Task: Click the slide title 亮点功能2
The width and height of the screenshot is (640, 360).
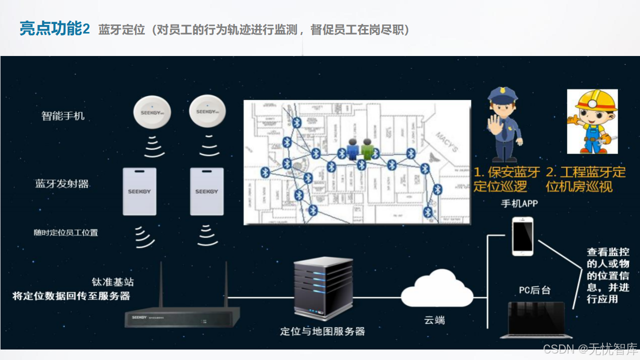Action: pyautogui.click(x=54, y=29)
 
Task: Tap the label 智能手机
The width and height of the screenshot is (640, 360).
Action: pyautogui.click(x=63, y=116)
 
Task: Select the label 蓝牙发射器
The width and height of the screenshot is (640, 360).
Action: pyautogui.click(x=62, y=183)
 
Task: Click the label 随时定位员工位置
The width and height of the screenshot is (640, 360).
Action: pyautogui.click(x=65, y=232)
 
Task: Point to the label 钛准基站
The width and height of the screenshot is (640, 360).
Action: pyautogui.click(x=112, y=282)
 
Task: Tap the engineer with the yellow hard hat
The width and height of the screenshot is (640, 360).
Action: pyautogui.click(x=592, y=121)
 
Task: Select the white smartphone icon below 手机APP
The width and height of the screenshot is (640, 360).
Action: pyautogui.click(x=522, y=236)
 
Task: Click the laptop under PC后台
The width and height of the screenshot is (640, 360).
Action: pyautogui.click(x=536, y=320)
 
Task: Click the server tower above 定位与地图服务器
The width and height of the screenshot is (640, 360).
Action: pyautogui.click(x=322, y=288)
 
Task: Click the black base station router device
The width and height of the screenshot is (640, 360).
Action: pyautogui.click(x=182, y=316)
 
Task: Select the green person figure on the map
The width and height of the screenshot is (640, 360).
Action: pyautogui.click(x=367, y=149)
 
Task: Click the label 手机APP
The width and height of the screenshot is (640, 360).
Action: pyautogui.click(x=519, y=203)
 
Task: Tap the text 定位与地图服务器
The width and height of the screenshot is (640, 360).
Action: pyautogui.click(x=322, y=331)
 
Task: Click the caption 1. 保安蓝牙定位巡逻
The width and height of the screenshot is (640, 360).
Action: pyautogui.click(x=506, y=179)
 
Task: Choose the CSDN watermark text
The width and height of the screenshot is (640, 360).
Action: pyautogui.click(x=590, y=348)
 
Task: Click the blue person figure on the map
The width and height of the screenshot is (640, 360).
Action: pyautogui.click(x=353, y=149)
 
